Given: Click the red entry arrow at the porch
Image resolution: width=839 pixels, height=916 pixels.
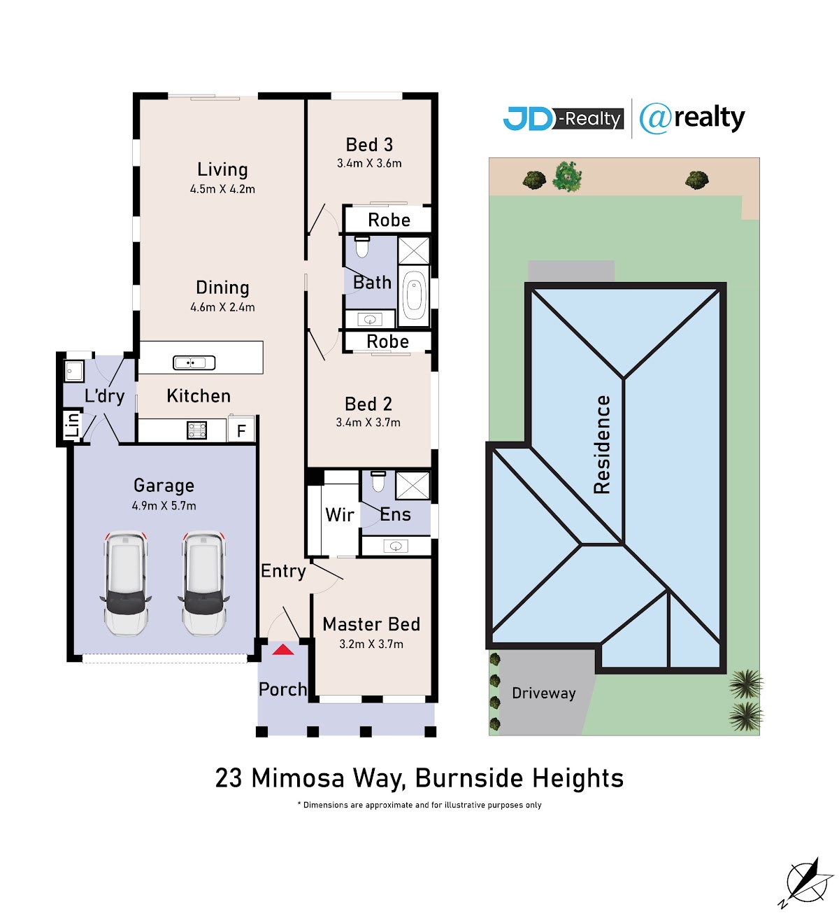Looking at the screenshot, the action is click(283, 649).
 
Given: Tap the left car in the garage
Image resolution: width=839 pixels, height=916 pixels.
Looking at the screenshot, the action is click(125, 583).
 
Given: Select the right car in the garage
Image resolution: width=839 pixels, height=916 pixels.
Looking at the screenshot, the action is click(203, 583).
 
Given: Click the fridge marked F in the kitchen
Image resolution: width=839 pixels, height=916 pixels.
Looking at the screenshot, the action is click(241, 429).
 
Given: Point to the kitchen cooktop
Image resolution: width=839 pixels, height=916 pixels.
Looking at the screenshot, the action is click(196, 430).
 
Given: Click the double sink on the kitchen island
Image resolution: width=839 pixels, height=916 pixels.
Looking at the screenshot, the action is click(194, 362).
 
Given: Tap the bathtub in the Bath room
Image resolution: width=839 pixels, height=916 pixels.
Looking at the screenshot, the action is click(413, 296).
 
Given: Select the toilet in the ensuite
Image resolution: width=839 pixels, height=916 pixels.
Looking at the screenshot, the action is click(378, 481).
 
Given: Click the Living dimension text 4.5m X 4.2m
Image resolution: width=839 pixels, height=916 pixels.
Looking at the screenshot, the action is click(222, 189).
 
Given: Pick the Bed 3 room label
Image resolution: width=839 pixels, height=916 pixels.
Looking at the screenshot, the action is click(369, 145).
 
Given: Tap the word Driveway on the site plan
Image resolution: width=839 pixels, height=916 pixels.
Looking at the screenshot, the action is click(543, 693).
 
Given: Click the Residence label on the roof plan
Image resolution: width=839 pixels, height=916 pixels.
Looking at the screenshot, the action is click(601, 444).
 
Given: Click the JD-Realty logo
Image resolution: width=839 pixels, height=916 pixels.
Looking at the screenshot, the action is click(563, 119).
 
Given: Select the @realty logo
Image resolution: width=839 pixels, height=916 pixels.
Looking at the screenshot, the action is click(691, 118).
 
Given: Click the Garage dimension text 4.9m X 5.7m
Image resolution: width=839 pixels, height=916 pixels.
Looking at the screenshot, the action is click(164, 505).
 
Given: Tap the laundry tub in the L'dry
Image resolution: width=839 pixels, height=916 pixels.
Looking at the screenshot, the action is click(73, 370).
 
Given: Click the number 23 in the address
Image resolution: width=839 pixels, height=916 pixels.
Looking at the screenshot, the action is click(228, 778).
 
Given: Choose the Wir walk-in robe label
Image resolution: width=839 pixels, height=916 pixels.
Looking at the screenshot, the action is click(339, 514).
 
